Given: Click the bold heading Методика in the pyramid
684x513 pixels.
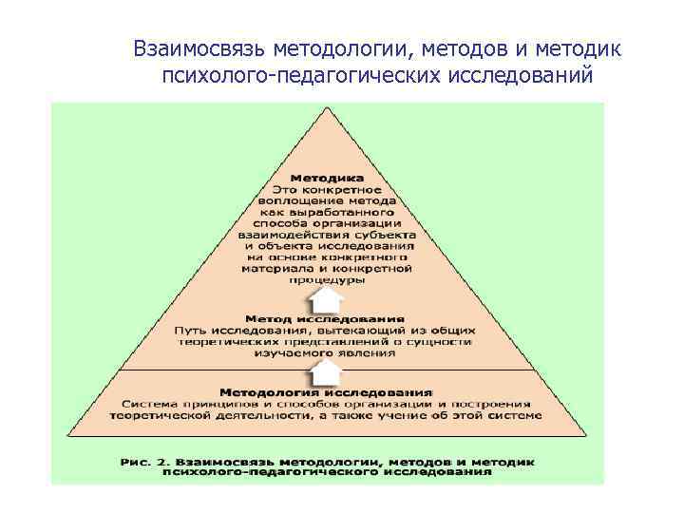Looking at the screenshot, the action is click(327, 178).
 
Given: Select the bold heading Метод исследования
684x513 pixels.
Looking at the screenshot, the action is click(325, 319).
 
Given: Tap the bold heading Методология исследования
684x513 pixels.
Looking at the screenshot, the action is click(327, 391).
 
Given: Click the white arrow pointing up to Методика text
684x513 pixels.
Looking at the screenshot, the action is click(327, 299).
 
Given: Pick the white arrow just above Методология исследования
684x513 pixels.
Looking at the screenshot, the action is click(327, 369).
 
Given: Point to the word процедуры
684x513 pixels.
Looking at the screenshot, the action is click(327, 280).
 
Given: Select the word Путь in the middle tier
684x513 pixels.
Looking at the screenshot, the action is click(192, 330).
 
